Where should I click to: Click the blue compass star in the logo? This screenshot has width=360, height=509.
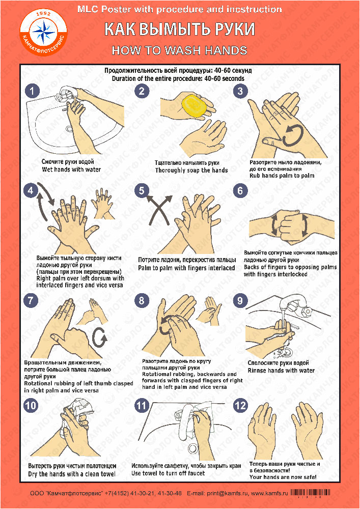pos(43,30)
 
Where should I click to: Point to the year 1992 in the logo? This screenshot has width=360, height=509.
pos(43,14)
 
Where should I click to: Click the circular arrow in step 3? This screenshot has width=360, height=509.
pos(293,135)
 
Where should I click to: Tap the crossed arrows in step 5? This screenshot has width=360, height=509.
pos(159,210)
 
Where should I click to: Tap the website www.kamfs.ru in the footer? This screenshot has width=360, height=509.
pos(269,493)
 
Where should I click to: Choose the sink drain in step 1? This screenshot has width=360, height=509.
pos(69,128)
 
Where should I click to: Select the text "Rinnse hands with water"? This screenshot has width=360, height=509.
pos(281,371)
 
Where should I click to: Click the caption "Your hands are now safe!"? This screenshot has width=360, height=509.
pos(283,477)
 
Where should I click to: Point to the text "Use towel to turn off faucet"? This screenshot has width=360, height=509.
pos(168,473)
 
